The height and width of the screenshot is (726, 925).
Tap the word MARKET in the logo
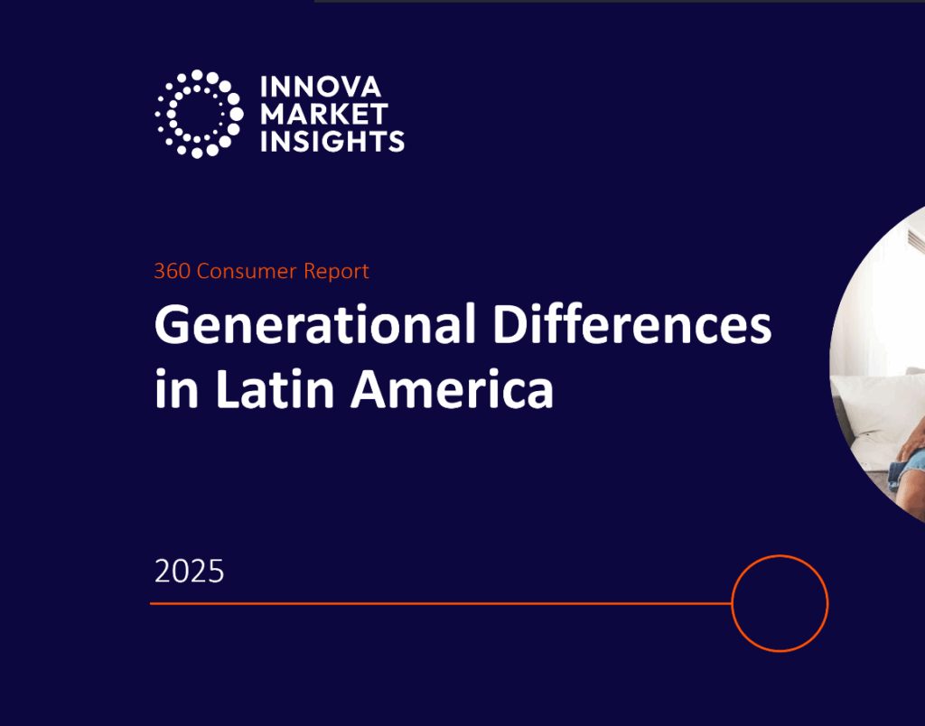[323, 114]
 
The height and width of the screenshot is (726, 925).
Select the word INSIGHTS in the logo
[332, 141]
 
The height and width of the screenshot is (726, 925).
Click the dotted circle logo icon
[198, 114]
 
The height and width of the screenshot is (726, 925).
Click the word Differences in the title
[631, 325]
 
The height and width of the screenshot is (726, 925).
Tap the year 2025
[189, 572]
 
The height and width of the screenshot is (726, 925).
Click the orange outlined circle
[780, 603]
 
